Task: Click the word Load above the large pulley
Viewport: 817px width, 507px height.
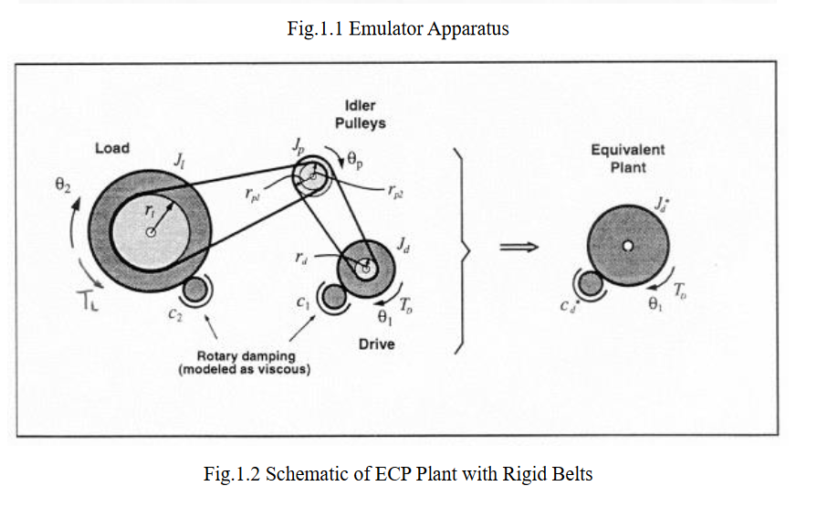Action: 112,148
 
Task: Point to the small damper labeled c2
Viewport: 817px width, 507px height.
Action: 194,291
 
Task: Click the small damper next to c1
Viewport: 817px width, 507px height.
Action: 335,297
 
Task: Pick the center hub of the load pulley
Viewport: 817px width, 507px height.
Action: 152,232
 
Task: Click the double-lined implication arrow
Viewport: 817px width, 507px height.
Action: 517,247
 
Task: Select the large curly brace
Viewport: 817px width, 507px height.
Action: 465,247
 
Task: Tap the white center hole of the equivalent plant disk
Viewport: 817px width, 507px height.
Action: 627,246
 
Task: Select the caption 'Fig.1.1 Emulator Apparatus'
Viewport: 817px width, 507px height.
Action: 397,28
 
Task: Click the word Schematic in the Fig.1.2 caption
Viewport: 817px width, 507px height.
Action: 310,473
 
